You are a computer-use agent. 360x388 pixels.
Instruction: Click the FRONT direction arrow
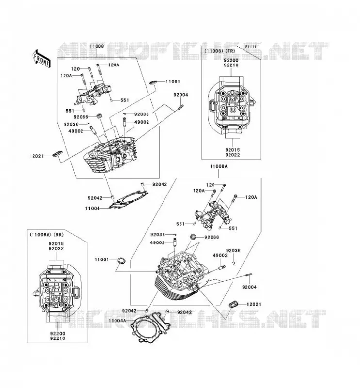41,58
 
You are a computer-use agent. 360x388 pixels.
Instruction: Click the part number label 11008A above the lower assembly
219,166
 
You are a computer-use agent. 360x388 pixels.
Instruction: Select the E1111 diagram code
250,47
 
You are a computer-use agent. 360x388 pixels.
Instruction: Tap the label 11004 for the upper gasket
92,209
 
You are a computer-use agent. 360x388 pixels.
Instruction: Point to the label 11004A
117,321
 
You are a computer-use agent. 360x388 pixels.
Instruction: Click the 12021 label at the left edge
37,156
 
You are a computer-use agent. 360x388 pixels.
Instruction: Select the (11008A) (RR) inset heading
46,235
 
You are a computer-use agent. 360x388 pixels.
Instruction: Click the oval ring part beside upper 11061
153,82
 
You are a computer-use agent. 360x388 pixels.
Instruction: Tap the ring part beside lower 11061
121,260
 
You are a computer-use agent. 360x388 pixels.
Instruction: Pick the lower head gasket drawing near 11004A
150,327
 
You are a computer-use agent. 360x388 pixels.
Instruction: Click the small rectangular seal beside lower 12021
233,304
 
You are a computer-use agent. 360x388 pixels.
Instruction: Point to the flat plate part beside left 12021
57,153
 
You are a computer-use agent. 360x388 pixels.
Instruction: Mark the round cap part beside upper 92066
99,116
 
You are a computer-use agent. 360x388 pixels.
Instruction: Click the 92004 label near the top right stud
181,95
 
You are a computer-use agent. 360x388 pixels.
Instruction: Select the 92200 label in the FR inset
231,60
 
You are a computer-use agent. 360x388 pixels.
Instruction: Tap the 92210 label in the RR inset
58,339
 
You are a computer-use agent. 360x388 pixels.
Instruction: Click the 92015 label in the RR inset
56,244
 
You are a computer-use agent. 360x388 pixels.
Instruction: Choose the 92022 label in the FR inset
232,155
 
